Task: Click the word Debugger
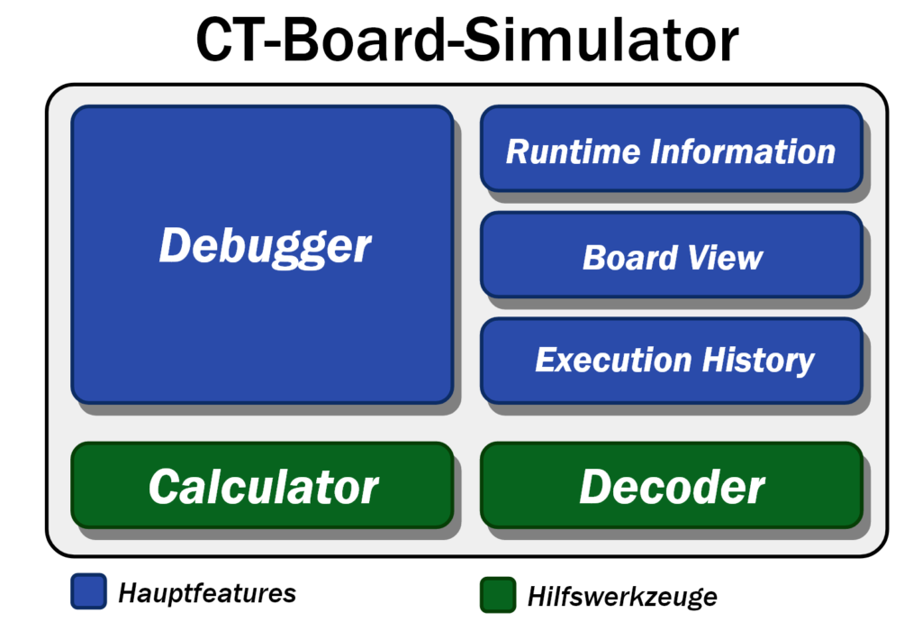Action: pos(265,247)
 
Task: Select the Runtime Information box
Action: pos(672,149)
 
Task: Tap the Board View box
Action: pos(672,255)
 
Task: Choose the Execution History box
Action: pos(672,361)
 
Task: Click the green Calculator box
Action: pos(262,485)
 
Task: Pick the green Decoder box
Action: pos(672,485)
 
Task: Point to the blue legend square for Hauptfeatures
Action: pos(89,591)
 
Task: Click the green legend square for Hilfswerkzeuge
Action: pos(498,595)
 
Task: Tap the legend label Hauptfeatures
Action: pos(207,593)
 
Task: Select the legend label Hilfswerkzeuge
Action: pos(622,597)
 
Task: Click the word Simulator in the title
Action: pos(601,40)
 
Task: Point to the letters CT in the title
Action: pos(230,40)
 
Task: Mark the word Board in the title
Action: pos(364,40)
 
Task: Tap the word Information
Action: pos(743,151)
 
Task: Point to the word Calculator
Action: pos(264,488)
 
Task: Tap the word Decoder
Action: pos(672,488)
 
